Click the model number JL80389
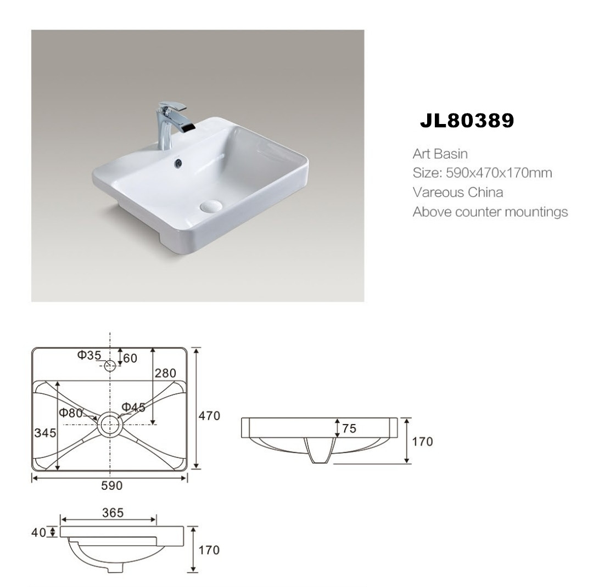click(467, 121)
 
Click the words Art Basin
click(440, 154)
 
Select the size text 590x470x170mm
click(499, 173)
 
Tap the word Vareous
click(438, 193)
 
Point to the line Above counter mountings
click(490, 212)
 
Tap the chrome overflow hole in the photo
click(178, 163)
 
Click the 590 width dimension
click(112, 486)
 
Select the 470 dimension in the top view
click(210, 416)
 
